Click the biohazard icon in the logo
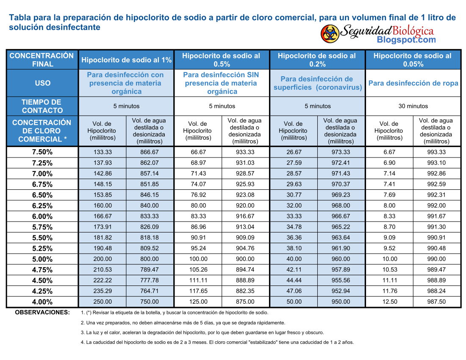pos(330,33)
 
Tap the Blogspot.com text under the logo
pos(406,39)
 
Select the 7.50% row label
pos(42,152)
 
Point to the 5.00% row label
pos(42,259)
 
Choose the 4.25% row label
pos(42,291)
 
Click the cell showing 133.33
pos(103,152)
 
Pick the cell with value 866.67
pos(150,152)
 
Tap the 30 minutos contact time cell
pos(413,106)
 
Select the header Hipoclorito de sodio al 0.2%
pos(317,60)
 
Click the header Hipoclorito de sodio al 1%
pos(126,60)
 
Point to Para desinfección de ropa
pos(413,83)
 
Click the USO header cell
pos(42,83)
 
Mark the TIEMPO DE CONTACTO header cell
pos(42,106)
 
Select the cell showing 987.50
pos(436,302)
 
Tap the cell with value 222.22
pos(103,280)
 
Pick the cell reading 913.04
pos(245,227)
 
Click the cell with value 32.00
pos(294,205)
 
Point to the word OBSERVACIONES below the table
pos(42,313)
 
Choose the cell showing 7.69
pos(389,195)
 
